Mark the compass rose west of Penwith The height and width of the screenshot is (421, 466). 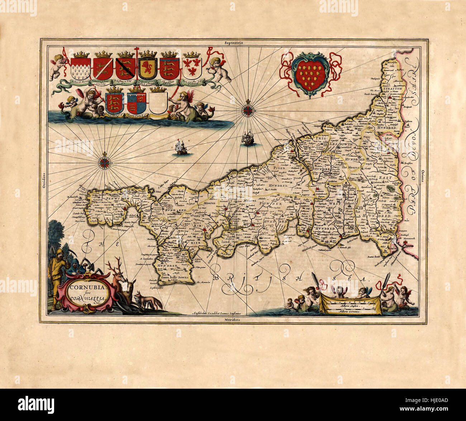104,162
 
